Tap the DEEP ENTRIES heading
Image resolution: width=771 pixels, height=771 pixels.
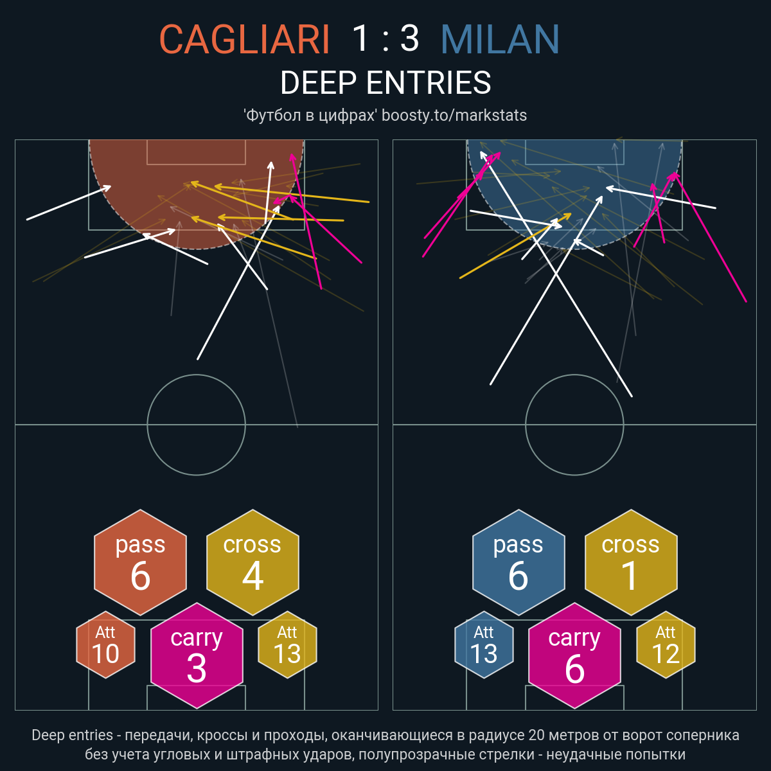pos(385,82)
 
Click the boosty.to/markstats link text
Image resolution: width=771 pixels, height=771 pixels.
pos(454,115)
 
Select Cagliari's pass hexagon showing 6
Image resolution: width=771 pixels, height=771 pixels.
pos(141,562)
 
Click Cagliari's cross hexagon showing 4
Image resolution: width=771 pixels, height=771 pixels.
pos(253,562)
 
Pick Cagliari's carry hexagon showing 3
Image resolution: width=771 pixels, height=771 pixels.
pos(197,655)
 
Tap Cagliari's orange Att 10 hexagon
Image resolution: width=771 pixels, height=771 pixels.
pos(105,644)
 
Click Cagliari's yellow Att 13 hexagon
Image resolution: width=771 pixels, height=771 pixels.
pos(287,644)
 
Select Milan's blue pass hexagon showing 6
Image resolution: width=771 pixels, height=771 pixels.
pos(518,562)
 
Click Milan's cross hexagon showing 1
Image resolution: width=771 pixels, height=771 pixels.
pos(631,562)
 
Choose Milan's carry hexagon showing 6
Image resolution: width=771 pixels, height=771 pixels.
pos(574,655)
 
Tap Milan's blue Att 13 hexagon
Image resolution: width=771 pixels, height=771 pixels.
pos(484,644)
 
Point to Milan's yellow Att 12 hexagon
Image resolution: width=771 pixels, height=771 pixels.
pos(666,644)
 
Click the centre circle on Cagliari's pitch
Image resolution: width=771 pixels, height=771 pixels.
pos(197,375)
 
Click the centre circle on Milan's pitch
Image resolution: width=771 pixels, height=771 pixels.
pos(574,375)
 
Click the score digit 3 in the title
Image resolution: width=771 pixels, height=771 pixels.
pos(410,39)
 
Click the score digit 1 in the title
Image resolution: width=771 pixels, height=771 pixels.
pos(360,39)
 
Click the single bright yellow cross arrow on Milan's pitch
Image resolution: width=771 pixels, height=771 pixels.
pos(515,245)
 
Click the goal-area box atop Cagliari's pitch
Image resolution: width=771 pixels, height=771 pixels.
pos(196,164)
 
